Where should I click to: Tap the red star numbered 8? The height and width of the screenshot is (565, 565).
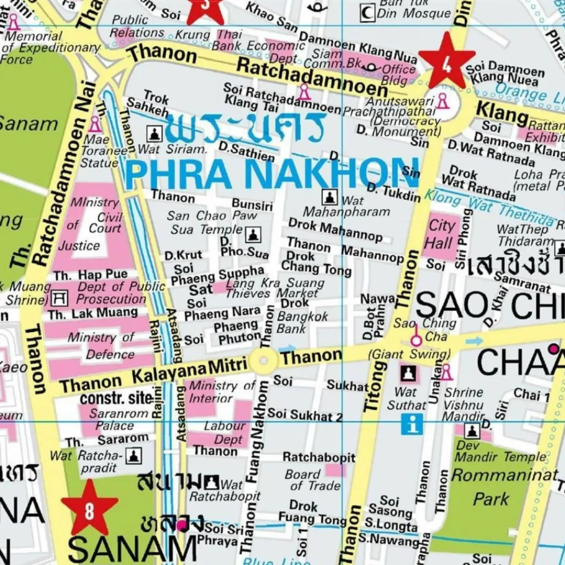tap(89, 508)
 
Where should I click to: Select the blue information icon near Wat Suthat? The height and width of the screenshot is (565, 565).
tap(412, 424)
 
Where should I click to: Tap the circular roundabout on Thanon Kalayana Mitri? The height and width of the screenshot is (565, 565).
tap(264, 361)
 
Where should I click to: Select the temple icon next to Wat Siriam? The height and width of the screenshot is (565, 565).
tap(154, 133)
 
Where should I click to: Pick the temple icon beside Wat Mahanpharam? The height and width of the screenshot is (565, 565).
tap(329, 197)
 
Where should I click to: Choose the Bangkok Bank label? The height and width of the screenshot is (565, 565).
tap(302, 323)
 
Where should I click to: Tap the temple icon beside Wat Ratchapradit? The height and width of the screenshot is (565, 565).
tap(134, 455)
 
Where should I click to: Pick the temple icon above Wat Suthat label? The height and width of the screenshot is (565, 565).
tap(408, 374)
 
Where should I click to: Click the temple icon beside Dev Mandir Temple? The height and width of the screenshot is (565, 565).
tap(472, 431)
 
